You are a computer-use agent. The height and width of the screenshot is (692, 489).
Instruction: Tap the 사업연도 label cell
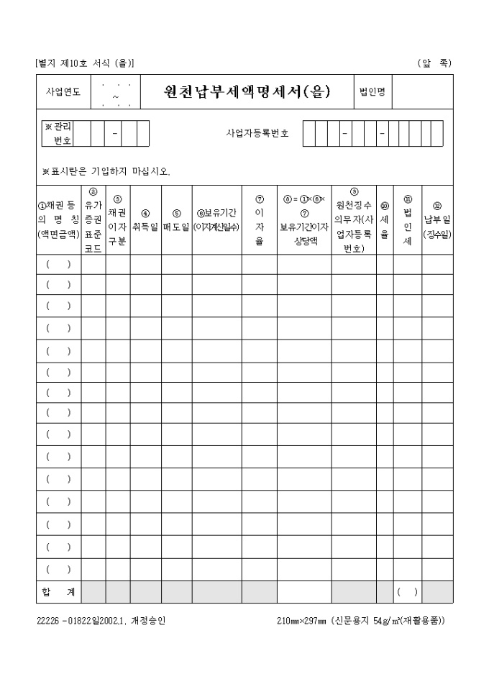tap(63, 92)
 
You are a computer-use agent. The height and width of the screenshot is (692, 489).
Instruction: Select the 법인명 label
tap(373, 91)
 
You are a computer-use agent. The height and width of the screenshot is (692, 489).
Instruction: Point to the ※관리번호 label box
tap(58, 134)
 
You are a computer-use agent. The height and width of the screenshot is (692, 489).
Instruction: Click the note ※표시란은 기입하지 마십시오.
tap(106, 171)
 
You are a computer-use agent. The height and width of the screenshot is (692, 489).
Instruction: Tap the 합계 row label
tap(59, 592)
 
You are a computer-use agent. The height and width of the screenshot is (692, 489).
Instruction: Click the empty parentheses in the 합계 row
tap(408, 592)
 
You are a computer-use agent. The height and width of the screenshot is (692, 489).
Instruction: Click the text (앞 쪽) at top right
tap(434, 63)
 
